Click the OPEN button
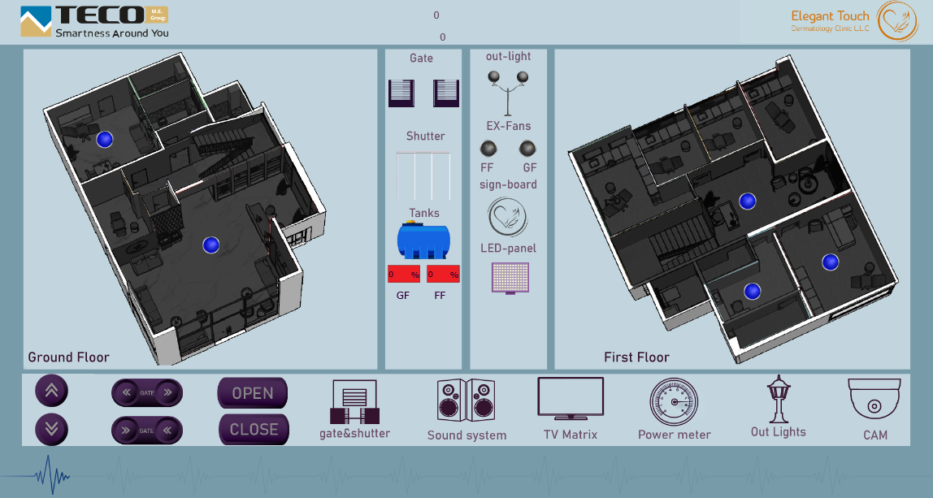(253, 393)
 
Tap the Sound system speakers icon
(466, 400)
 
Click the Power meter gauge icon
(674, 402)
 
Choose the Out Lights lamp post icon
(779, 400)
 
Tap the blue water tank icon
(423, 241)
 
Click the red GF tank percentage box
(404, 275)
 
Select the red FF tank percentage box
(443, 275)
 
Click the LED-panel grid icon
(510, 277)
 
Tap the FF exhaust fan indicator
(488, 149)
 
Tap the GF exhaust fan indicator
(528, 149)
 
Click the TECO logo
(94, 22)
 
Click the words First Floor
(636, 357)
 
